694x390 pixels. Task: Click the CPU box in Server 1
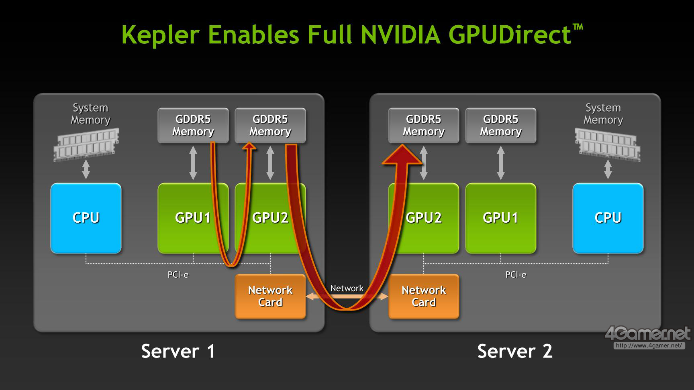86,218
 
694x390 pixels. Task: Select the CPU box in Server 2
608,218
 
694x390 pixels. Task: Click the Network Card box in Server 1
270,296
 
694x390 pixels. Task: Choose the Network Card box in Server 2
424,296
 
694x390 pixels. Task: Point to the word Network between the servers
347,288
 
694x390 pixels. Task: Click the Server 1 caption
178,351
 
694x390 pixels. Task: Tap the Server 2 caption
515,351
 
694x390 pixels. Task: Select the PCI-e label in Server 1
178,275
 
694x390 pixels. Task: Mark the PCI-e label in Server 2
516,275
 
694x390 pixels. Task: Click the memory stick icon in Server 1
86,144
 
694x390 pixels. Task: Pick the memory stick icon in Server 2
607,144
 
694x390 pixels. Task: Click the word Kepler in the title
160,35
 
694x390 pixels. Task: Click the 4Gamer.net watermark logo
647,334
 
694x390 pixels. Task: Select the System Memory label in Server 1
90,114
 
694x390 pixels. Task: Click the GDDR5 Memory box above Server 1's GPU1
193,125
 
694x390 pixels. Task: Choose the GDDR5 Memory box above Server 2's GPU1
500,125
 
